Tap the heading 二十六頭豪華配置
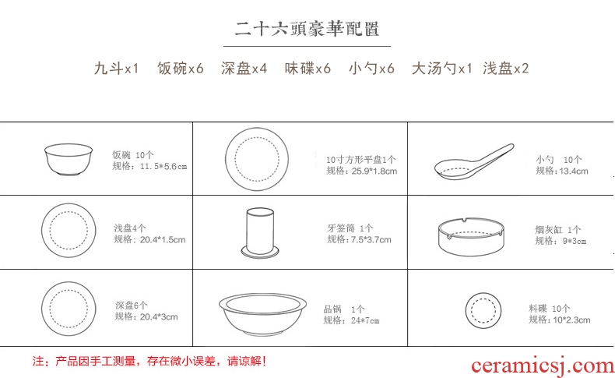point(307,29)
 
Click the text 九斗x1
point(117,69)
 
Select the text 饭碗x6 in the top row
point(181,69)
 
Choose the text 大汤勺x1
point(441,69)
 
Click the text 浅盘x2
point(506,69)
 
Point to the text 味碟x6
point(308,69)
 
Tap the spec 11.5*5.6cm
point(163,167)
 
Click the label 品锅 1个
point(344,309)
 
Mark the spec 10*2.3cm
point(571,320)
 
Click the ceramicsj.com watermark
point(543,366)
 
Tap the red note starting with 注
point(149,361)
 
